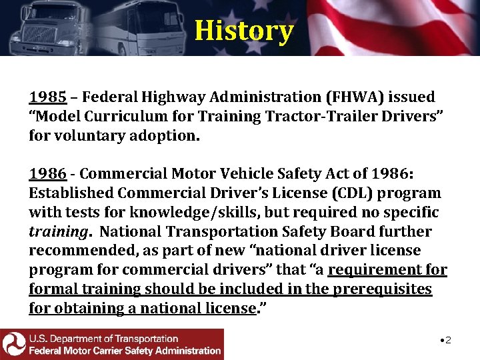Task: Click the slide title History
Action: pyautogui.click(x=243, y=31)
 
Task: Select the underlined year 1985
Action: pyautogui.click(x=47, y=97)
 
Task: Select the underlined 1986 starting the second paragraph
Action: pyautogui.click(x=47, y=174)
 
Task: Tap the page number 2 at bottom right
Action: pyautogui.click(x=448, y=341)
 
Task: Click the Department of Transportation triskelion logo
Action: pyautogui.click(x=13, y=344)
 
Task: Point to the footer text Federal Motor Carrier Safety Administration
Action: pyautogui.click(x=125, y=351)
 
